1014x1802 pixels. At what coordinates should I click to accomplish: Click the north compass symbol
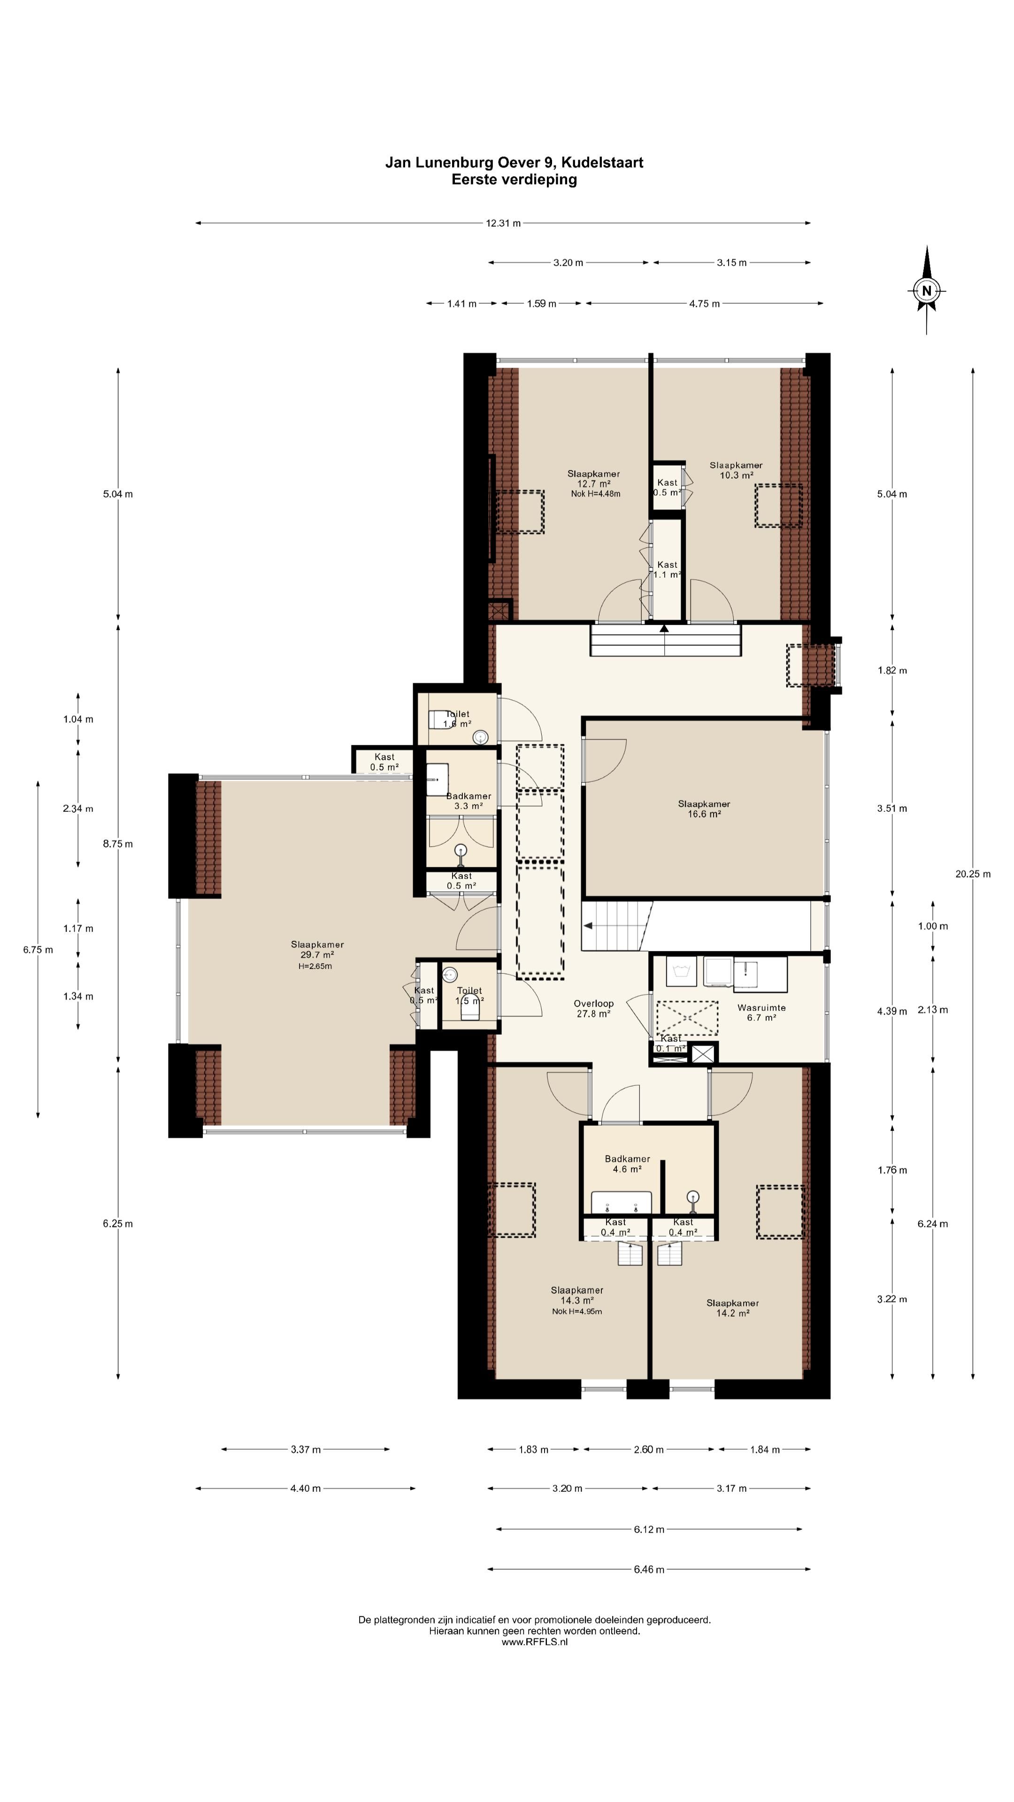[x=927, y=290]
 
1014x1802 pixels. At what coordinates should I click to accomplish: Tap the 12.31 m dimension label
[x=503, y=223]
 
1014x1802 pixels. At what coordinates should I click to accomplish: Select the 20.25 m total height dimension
[x=973, y=874]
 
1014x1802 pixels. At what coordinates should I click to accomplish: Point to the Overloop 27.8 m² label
[x=593, y=1008]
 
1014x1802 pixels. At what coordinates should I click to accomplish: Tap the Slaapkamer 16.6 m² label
[x=704, y=809]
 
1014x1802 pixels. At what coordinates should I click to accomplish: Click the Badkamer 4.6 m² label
[x=627, y=1164]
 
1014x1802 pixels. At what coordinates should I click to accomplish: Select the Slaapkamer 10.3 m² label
[x=736, y=470]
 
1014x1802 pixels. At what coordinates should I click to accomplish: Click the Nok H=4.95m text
[x=576, y=1311]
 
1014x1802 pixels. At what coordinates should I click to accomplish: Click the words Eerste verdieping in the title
[x=515, y=179]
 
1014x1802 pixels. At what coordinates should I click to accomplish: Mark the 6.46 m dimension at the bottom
[x=649, y=1569]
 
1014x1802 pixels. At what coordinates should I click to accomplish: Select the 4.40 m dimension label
[x=305, y=1488]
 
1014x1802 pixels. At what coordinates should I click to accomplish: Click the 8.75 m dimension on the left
[x=117, y=844]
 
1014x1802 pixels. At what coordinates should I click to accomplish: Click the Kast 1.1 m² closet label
[x=667, y=569]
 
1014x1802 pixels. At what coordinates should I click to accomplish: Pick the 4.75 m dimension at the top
[x=704, y=304]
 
